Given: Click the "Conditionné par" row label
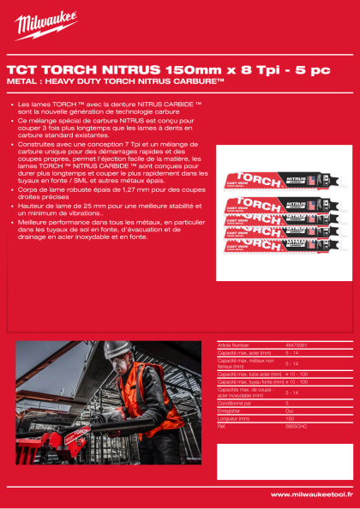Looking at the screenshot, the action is pyautogui.click(x=236, y=404).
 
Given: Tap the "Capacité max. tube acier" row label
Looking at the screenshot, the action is pyautogui.click(x=247, y=374).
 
